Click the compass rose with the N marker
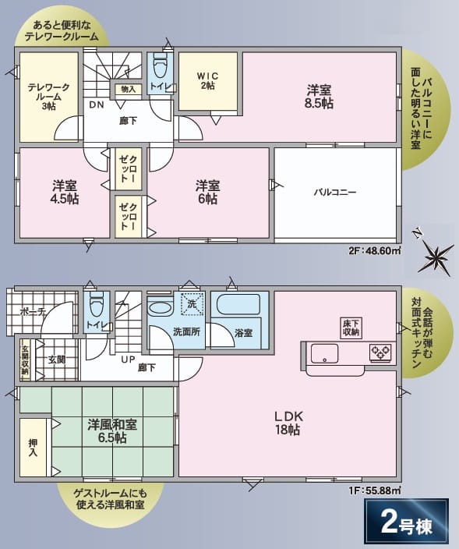click(435, 257)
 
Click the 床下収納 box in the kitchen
click(351, 328)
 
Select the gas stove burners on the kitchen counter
click(380, 352)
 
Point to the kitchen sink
click(324, 353)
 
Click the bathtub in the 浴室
click(238, 304)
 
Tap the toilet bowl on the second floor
click(161, 66)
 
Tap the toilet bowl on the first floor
click(96, 305)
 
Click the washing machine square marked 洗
click(192, 303)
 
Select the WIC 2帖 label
click(208, 81)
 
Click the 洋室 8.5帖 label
click(319, 97)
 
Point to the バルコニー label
click(335, 192)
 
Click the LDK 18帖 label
click(288, 423)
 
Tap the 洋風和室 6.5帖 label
click(112, 431)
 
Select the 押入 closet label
click(33, 448)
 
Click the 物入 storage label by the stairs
click(128, 89)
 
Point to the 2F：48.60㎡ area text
click(375, 250)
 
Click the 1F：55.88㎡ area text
click(375, 491)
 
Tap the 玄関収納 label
click(25, 360)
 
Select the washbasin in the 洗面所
click(161, 308)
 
